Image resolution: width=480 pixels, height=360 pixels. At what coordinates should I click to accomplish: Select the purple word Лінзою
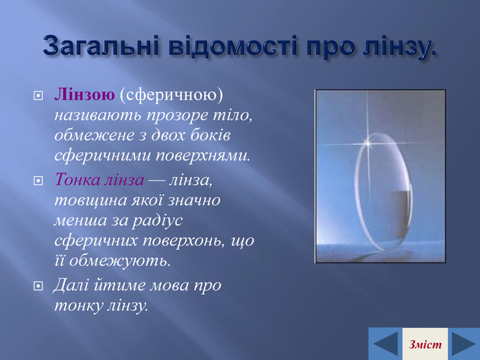click(85, 95)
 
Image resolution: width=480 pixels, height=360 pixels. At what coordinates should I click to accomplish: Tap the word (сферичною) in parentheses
click(171, 95)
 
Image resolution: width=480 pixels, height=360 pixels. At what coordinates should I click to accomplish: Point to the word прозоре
click(176, 117)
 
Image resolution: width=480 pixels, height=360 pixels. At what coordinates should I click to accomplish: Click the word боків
click(211, 135)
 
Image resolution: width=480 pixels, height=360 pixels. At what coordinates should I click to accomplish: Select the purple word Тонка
click(77, 180)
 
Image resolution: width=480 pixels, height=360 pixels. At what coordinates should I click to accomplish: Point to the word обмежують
click(120, 261)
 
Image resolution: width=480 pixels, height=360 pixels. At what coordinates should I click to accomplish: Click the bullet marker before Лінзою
click(38, 96)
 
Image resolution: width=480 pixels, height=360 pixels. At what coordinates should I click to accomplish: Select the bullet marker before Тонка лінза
click(38, 180)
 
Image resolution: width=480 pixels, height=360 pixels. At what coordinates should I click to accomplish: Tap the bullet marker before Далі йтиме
click(38, 286)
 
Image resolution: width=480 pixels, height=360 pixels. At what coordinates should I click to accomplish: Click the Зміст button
click(425, 344)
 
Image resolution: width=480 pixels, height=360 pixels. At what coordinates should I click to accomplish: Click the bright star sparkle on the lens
click(368, 143)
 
